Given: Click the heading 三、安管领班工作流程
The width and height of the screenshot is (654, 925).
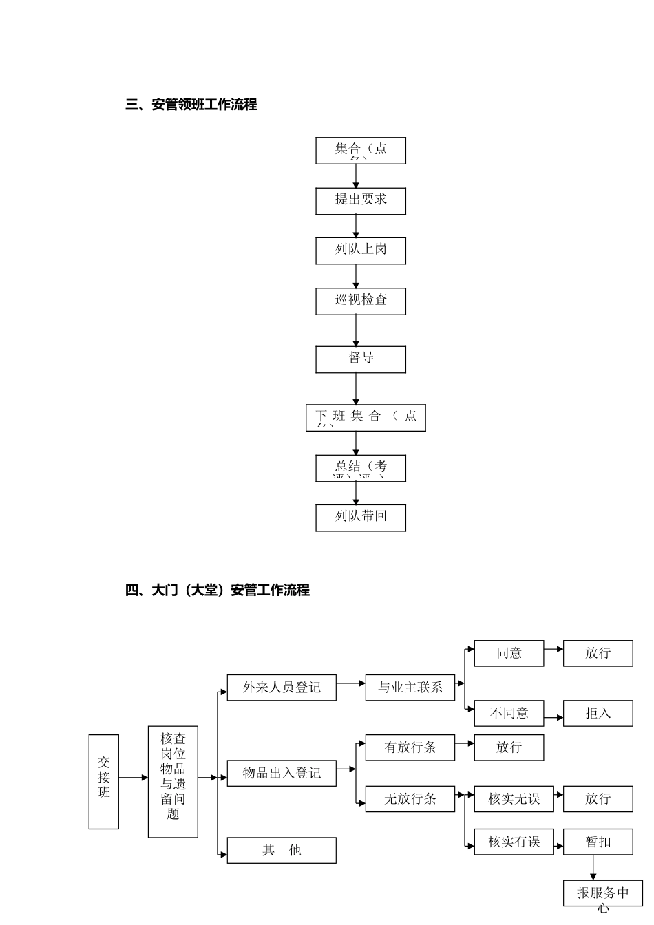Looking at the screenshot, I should [x=191, y=105].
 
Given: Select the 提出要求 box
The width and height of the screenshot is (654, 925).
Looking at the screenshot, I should [x=360, y=200].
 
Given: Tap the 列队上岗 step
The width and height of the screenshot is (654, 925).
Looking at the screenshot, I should [x=360, y=251].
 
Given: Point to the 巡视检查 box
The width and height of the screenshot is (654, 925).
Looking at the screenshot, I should [x=360, y=301].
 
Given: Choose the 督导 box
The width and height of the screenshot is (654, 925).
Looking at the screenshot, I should [x=360, y=359].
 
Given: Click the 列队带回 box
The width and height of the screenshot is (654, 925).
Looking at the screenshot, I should [x=360, y=518].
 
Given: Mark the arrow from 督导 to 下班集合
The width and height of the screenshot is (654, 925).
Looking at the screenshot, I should [x=356, y=389].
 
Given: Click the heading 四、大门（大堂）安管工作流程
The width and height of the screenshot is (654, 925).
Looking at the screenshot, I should [x=217, y=590].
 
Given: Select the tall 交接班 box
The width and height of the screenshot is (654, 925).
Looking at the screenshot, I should [x=103, y=781].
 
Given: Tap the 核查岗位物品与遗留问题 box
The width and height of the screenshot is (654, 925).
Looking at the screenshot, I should [x=173, y=781].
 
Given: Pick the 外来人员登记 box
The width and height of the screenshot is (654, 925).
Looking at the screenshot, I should [x=281, y=688].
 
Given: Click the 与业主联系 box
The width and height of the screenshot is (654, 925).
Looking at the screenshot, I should [x=410, y=688].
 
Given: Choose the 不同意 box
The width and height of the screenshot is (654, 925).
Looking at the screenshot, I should [x=509, y=713].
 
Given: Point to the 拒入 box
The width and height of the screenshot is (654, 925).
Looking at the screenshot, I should [x=598, y=713].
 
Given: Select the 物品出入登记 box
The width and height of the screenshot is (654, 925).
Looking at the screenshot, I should [x=281, y=773].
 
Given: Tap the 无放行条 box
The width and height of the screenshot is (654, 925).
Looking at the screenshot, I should [x=410, y=798].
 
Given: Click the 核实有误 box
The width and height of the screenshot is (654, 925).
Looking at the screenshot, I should [x=514, y=842].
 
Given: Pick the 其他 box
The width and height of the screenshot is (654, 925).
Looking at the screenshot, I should [x=281, y=850].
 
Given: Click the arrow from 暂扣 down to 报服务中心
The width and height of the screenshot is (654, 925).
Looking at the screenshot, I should [x=593, y=867].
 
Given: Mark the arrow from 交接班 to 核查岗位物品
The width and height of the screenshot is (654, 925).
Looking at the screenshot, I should [x=133, y=778].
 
